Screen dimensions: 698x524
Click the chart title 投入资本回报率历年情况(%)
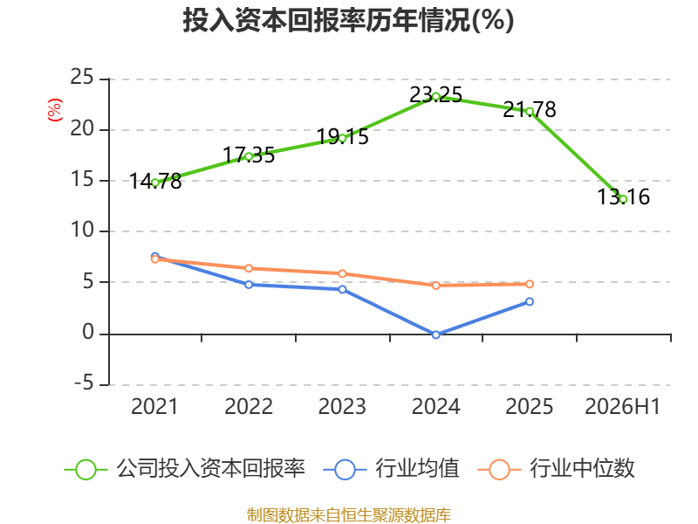tap(348, 20)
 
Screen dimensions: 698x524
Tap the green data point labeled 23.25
tap(435, 97)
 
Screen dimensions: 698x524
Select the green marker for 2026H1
tap(623, 199)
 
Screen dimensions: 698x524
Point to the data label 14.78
tap(155, 182)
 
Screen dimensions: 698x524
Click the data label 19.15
tap(342, 137)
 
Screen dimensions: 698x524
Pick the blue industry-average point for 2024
tap(435, 334)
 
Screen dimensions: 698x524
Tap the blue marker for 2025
tap(530, 301)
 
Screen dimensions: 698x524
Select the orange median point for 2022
tap(249, 268)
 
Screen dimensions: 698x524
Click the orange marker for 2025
tap(530, 284)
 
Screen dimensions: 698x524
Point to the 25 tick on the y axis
tap(82, 77)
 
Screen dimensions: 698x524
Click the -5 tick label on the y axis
tap(84, 383)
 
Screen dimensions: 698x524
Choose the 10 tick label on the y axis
tap(82, 231)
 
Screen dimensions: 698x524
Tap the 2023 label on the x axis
tap(342, 406)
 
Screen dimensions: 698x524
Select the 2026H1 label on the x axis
tap(622, 406)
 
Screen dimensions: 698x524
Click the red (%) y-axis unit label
tap(55, 110)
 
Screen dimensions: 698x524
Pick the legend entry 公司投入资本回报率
tap(185, 469)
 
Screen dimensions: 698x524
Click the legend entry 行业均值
tap(391, 469)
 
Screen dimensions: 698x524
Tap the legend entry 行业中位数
tap(556, 469)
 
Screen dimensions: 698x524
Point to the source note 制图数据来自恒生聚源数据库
tap(348, 515)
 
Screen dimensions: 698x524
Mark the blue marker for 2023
tap(342, 290)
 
